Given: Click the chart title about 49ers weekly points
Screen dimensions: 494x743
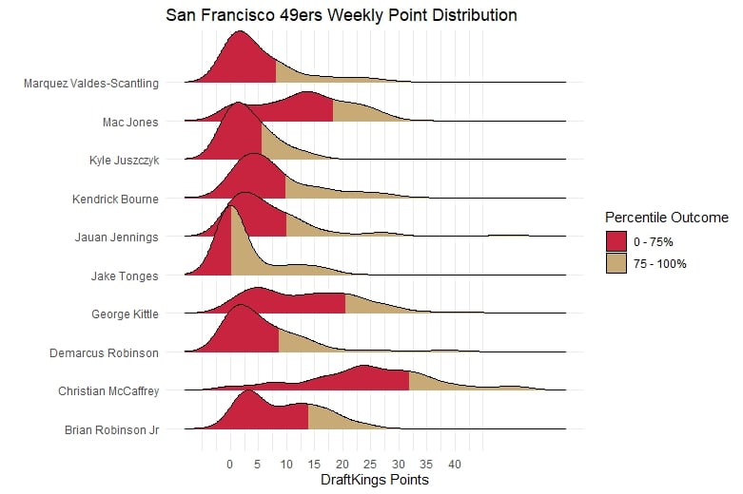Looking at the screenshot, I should coord(342,15).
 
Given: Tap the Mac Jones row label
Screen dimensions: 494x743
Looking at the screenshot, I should coord(130,122).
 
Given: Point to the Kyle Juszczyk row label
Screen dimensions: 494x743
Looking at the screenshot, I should coord(124,160).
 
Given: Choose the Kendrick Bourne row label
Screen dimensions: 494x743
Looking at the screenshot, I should coord(115,199).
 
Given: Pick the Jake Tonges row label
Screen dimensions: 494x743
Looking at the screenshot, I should coord(127,275).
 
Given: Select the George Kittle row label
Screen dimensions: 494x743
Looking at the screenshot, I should coord(125,313).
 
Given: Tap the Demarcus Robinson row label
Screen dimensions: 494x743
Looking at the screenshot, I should coord(104,352).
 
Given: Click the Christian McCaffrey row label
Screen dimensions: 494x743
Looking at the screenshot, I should coord(108,390).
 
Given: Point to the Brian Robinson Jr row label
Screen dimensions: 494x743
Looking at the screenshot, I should coord(111,429).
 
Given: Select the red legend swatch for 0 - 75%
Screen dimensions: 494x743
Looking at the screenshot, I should coord(616,240).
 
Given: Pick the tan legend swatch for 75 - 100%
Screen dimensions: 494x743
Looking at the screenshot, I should coord(616,263).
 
